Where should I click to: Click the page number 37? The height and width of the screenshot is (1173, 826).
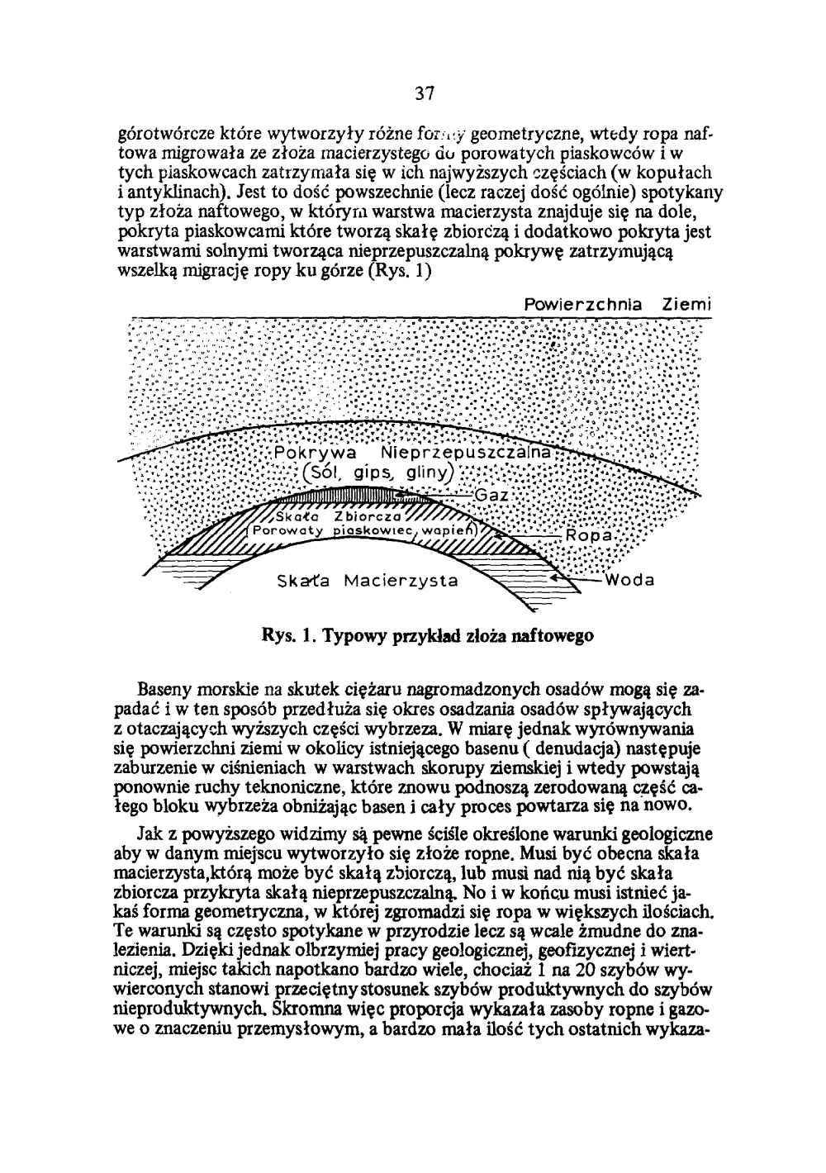tap(425, 92)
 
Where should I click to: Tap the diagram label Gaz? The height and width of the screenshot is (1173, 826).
tap(491, 494)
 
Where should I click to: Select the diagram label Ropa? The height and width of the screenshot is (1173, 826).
tap(589, 535)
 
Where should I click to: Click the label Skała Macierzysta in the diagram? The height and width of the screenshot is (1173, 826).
tap(367, 580)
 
